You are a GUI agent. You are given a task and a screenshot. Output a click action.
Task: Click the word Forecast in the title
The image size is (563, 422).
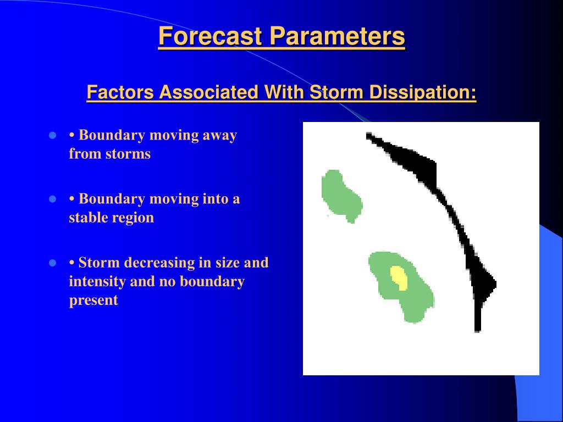point(210,36)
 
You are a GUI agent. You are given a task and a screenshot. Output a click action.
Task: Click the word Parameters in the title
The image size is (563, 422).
point(338,36)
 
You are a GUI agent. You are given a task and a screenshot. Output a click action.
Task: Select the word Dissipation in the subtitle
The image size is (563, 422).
point(423,92)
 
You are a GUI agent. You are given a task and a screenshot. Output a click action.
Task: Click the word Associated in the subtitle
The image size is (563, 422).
point(208,92)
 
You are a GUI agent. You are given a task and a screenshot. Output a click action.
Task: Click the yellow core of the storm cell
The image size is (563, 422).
point(399,277)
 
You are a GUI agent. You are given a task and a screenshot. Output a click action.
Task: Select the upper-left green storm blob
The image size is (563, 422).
point(340,196)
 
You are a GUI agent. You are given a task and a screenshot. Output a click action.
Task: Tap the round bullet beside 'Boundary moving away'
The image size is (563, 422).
point(52,136)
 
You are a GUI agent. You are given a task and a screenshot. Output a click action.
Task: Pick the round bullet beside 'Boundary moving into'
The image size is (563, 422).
point(52,199)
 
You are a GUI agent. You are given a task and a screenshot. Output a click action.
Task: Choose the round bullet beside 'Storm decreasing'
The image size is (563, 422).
point(52,263)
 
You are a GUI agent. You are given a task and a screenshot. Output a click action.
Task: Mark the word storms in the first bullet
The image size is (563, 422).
point(128,154)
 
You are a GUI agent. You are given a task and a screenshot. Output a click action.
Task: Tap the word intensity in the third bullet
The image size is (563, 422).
point(97,281)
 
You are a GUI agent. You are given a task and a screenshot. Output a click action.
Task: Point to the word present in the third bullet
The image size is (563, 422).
point(93,301)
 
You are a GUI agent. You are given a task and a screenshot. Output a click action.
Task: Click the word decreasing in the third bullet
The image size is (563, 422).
point(159,263)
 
